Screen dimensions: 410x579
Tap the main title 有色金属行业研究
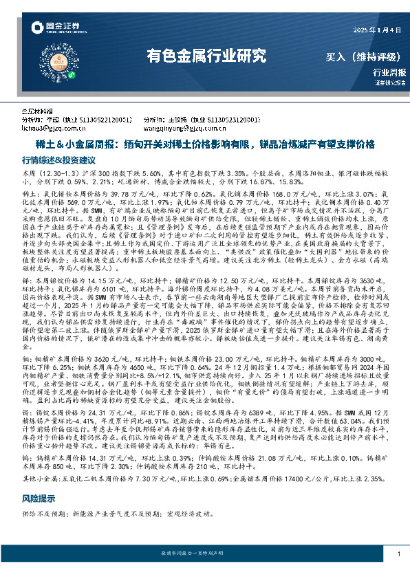pos(206,56)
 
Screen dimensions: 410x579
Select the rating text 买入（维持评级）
pos(364,57)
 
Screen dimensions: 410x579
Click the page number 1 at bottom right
pos(399,554)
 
